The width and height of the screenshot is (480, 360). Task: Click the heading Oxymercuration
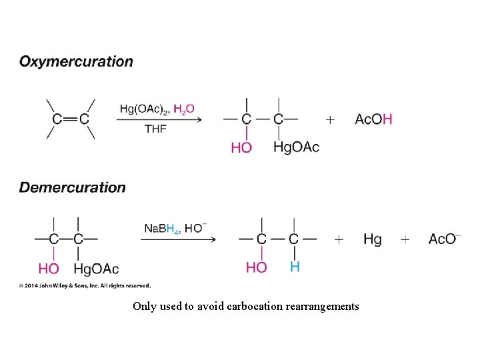click(76, 62)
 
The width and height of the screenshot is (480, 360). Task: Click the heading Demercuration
click(72, 187)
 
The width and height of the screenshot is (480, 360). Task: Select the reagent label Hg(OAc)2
click(144, 109)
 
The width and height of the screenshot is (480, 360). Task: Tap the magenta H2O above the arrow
click(184, 109)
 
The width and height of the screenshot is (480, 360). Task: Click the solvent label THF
click(156, 129)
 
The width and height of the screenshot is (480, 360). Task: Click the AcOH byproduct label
click(373, 119)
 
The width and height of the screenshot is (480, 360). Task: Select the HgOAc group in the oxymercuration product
click(296, 147)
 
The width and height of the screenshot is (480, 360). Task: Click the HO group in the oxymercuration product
click(241, 147)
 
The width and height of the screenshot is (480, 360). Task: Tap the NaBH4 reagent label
click(162, 229)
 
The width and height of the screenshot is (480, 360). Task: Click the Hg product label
click(373, 239)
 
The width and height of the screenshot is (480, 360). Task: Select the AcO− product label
click(444, 239)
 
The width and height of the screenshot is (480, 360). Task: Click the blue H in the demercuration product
click(295, 267)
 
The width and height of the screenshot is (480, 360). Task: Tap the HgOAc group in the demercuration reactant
click(96, 269)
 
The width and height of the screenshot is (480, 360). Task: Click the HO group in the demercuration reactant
click(49, 269)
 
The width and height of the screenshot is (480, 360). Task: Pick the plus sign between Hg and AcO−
click(405, 239)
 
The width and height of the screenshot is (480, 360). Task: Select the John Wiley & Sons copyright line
click(85, 285)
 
